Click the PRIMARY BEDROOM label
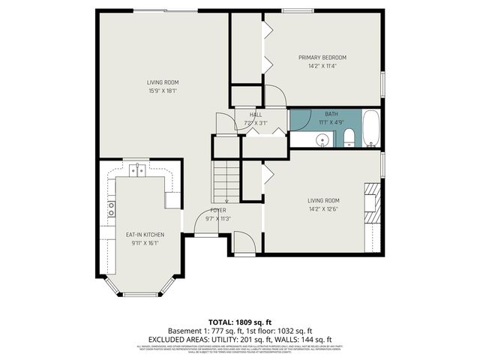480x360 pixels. (322, 58)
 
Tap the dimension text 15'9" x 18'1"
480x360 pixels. (162, 91)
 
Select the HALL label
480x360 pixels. (245, 115)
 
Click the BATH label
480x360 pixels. (331, 114)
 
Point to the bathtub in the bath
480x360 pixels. (371, 128)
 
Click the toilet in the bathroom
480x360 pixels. (349, 137)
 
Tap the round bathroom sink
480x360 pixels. (322, 139)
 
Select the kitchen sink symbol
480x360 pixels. (136, 171)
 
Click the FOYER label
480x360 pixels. (218, 211)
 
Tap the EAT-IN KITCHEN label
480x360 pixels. (145, 235)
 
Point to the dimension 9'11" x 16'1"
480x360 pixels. (145, 243)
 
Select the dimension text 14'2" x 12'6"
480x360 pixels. (323, 208)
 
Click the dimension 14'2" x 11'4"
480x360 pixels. (322, 66)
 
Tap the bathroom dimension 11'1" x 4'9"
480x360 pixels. (331, 122)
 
